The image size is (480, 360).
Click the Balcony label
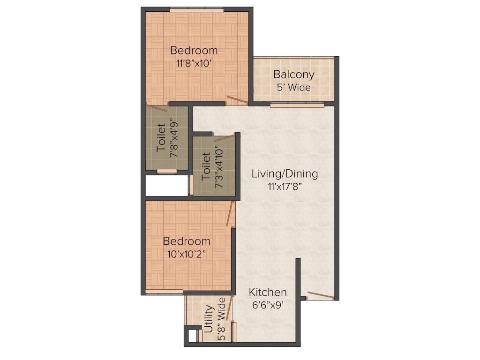(294, 75)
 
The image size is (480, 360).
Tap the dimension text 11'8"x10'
(195, 63)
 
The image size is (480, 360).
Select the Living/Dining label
(285, 174)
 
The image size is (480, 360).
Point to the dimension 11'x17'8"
(285, 186)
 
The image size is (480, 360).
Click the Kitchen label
(268, 292)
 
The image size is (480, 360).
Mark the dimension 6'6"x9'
(268, 305)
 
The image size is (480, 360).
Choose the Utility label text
(210, 319)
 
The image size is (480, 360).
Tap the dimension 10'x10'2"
(187, 254)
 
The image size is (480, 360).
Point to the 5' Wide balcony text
(294, 87)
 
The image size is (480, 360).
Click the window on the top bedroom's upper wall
(196, 9)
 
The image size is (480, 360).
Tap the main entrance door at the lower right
(321, 296)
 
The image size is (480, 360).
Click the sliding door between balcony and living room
(297, 105)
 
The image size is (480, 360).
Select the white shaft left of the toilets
(166, 186)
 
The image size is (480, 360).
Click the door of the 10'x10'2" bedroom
(230, 214)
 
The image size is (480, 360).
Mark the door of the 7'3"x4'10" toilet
(224, 138)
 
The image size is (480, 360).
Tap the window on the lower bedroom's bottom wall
(164, 292)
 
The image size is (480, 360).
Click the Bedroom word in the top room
(194, 51)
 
